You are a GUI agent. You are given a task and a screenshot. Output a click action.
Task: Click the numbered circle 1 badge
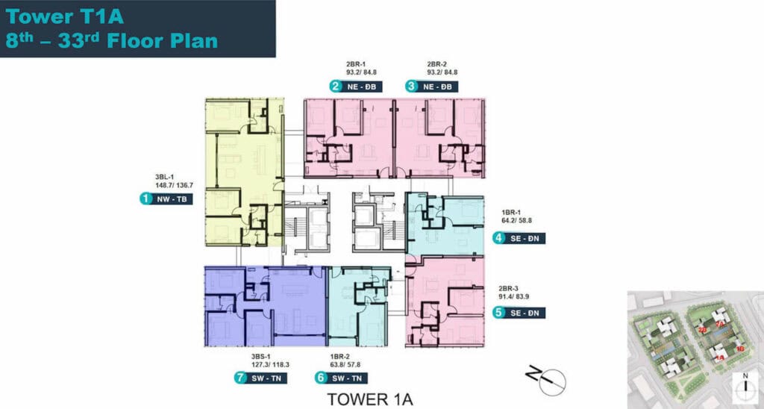(x=145, y=199)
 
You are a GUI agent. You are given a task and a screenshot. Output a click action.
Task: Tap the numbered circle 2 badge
(x=336, y=87)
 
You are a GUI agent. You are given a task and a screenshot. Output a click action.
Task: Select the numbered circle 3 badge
(x=411, y=87)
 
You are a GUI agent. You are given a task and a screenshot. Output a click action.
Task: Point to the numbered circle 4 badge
(x=498, y=239)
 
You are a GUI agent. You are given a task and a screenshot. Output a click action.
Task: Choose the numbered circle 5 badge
(x=498, y=313)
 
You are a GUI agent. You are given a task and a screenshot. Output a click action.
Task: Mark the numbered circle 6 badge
(x=321, y=378)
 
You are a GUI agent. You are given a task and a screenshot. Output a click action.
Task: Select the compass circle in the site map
(x=743, y=387)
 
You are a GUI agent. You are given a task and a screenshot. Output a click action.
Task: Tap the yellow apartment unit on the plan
(x=244, y=172)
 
